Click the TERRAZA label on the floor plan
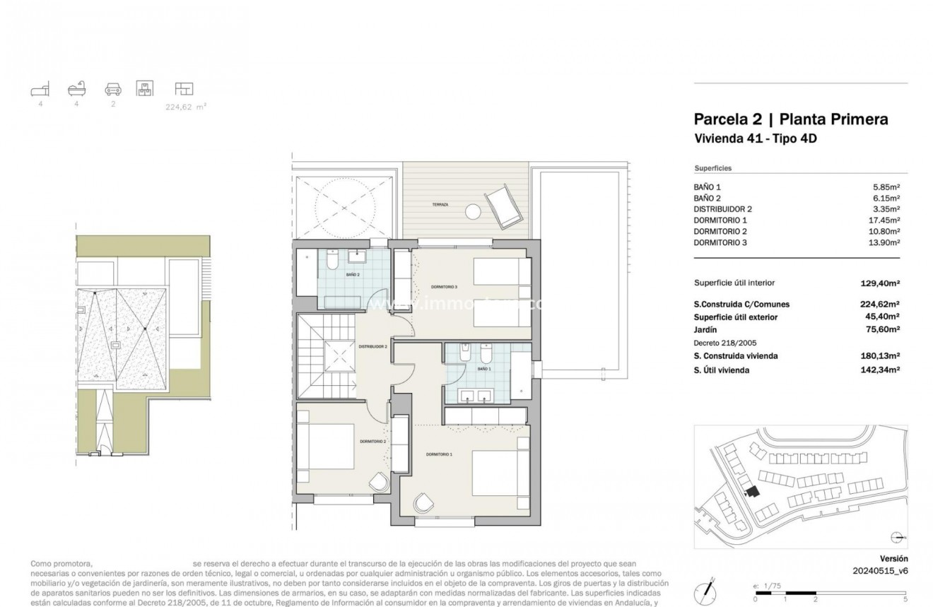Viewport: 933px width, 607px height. (440, 205)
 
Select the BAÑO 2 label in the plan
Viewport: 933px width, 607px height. (353, 274)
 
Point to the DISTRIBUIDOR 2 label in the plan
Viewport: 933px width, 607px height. (372, 347)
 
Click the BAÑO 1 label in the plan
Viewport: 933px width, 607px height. (483, 369)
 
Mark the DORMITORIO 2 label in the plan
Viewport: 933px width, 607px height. (372, 441)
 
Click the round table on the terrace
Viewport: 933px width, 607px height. (471, 211)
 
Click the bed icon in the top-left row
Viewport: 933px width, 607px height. (40, 89)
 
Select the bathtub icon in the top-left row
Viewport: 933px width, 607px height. (76, 89)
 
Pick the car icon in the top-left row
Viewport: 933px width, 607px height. (112, 89)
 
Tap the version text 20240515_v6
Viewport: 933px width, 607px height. (879, 570)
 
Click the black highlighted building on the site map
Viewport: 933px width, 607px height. (751, 491)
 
